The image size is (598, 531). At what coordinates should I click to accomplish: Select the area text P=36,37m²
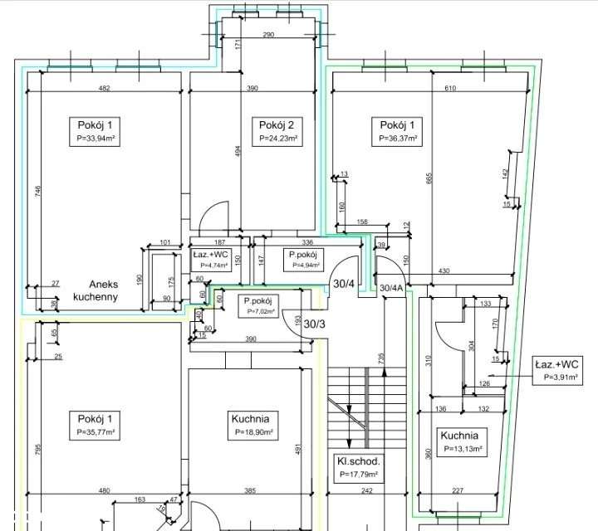tap(398, 139)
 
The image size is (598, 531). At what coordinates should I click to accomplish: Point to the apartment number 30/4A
tap(391, 288)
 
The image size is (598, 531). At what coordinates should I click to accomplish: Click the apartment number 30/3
tap(316, 324)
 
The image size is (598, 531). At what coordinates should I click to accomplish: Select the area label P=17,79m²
tap(359, 475)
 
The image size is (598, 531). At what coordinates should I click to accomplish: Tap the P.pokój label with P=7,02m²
tap(259, 300)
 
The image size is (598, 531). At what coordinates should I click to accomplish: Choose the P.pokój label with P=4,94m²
tap(304, 255)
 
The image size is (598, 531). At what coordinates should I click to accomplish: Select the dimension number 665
tap(429, 181)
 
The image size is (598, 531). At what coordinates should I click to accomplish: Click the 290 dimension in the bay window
tap(268, 36)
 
